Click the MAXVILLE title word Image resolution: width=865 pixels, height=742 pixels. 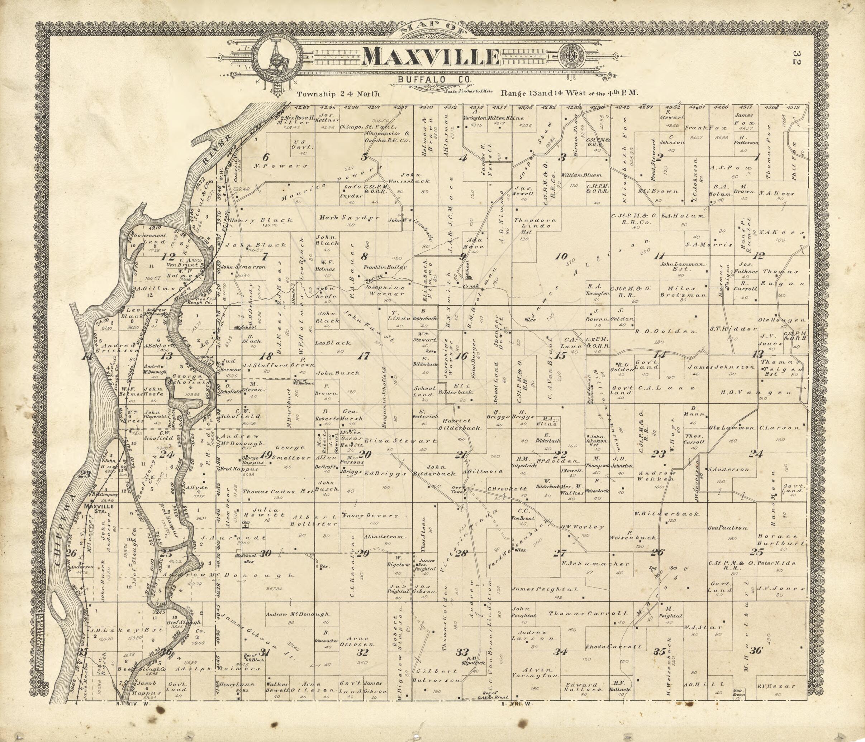tap(431, 57)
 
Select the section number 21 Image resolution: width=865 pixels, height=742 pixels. tap(460, 455)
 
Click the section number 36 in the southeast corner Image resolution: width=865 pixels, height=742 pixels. tap(756, 651)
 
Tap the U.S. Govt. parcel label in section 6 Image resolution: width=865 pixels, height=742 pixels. tap(300, 144)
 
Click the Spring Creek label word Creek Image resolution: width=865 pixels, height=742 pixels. tap(471, 286)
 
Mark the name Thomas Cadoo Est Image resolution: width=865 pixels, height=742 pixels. tap(277, 492)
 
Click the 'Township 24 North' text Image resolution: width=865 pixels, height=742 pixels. tap(338, 94)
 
